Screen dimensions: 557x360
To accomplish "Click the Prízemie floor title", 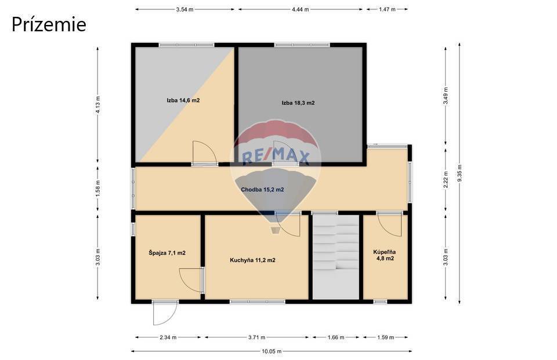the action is coord(49,25).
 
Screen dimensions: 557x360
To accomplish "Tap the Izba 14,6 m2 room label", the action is coord(183,100).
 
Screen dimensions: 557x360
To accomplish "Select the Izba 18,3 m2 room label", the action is coord(298,103).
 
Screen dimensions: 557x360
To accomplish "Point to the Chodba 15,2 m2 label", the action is coord(262,190).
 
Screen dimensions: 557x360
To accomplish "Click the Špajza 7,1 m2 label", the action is coord(167,253).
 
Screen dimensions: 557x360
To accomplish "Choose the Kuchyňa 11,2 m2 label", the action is coord(252,260).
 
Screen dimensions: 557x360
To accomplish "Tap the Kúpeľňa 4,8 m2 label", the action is coord(385,255).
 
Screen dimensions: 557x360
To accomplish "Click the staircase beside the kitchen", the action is coord(336,257).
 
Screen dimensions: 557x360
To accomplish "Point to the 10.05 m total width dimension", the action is coord(272,351).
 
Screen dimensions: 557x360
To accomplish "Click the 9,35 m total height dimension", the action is coord(460,173).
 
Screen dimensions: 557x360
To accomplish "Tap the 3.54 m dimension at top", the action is coord(185,10).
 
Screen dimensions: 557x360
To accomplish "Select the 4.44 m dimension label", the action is coord(300,10).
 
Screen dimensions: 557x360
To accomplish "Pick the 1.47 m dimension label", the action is coord(387,10).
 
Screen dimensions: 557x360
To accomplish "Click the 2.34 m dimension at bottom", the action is coord(168,337).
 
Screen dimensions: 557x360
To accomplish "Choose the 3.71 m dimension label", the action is coord(257,337).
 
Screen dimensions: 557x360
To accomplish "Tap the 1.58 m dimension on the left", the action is coord(98,188).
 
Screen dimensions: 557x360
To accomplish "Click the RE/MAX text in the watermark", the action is coord(276,156).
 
